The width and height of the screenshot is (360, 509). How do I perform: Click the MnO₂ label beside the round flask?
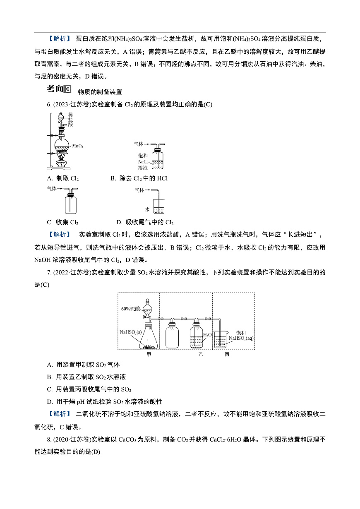click(x=78, y=146)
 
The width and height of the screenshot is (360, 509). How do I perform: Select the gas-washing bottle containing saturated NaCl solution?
click(x=157, y=159)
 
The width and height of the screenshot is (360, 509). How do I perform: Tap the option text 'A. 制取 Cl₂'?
click(x=63, y=178)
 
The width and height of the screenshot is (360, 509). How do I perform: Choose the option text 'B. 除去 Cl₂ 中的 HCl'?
click(x=139, y=178)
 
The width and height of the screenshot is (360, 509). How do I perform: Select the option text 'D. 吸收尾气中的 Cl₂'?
click(x=145, y=222)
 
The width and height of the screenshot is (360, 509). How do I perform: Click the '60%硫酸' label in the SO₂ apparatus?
click(x=130, y=309)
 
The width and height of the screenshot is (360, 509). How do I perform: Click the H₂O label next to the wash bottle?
click(x=207, y=334)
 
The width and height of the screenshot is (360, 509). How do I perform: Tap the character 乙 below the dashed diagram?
click(x=201, y=354)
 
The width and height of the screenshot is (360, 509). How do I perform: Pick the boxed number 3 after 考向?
click(x=68, y=89)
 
